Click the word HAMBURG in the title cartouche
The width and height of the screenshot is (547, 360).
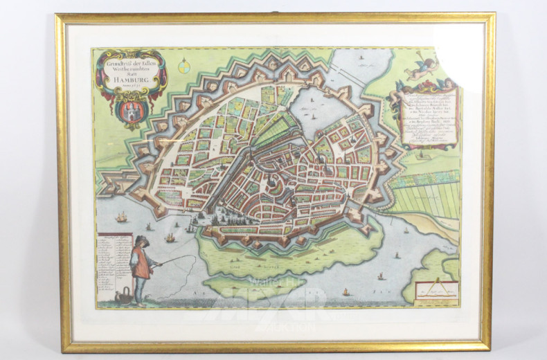pos(132,80)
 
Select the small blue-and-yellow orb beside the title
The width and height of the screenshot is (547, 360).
pos(183,67)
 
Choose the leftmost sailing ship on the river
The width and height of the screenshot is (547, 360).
pos(122,216)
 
